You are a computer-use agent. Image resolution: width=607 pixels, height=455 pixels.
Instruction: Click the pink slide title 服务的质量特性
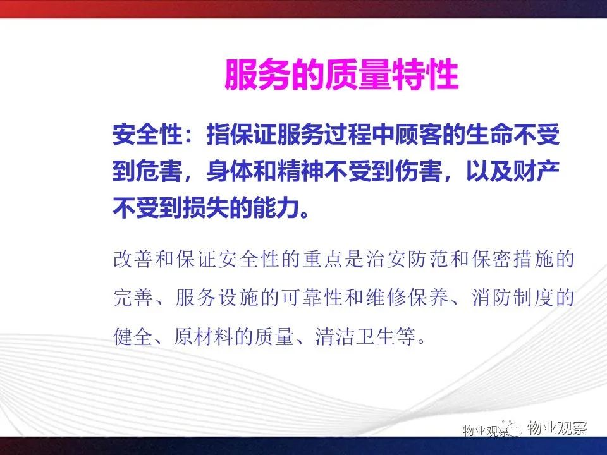pos(341,75)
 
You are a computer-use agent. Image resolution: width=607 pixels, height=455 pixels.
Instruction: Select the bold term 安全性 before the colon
pos(147,135)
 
